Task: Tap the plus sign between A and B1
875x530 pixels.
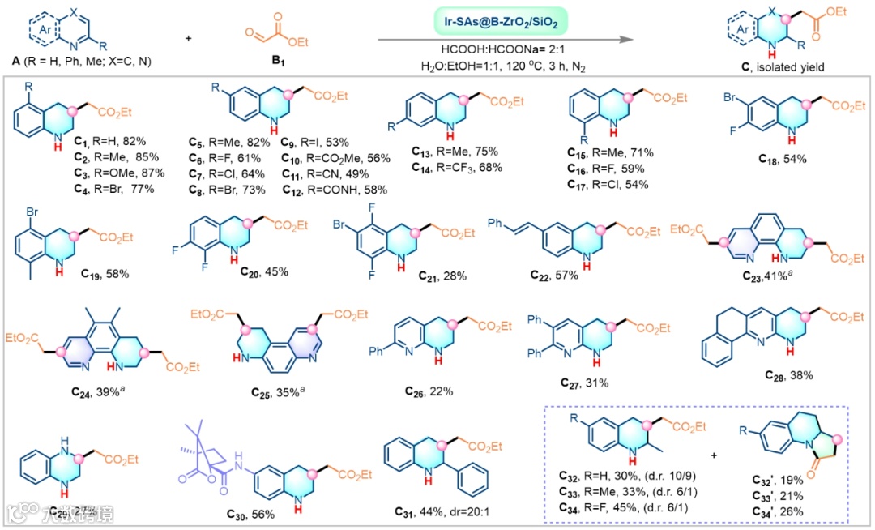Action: pyautogui.click(x=190, y=37)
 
